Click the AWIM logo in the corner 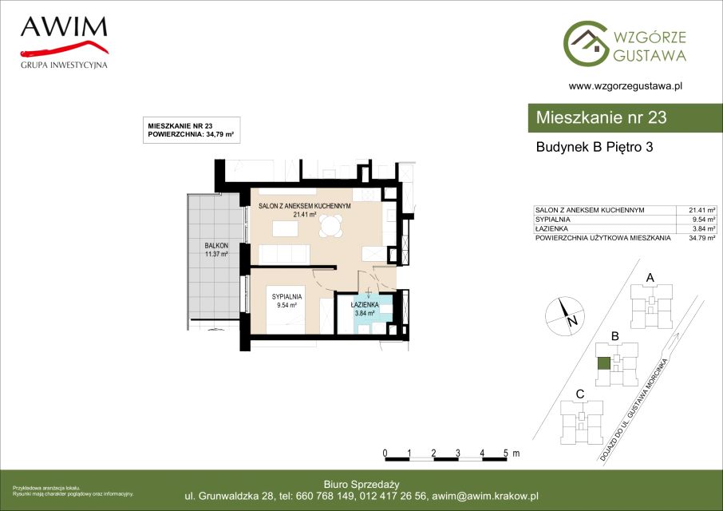pyautogui.click(x=64, y=42)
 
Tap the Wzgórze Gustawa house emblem pyautogui.click(x=586, y=43)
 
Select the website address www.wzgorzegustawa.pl pyautogui.click(x=626, y=85)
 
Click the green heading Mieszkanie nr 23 pyautogui.click(x=601, y=117)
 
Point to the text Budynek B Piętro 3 pyautogui.click(x=595, y=147)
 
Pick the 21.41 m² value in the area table pyautogui.click(x=701, y=210)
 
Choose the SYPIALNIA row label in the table pyautogui.click(x=552, y=220)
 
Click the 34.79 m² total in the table pyautogui.click(x=701, y=238)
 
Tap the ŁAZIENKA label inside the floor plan pyautogui.click(x=365, y=305)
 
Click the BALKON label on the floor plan pyautogui.click(x=216, y=246)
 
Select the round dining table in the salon pyautogui.click(x=331, y=227)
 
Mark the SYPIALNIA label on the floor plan pyautogui.click(x=286, y=297)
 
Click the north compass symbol pyautogui.click(x=565, y=316)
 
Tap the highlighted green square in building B pyautogui.click(x=604, y=363)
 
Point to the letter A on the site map pyautogui.click(x=650, y=278)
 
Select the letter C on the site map pyautogui.click(x=580, y=394)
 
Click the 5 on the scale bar pyautogui.click(x=506, y=453)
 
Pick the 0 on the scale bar pyautogui.click(x=385, y=453)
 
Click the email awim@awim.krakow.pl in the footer pyautogui.click(x=485, y=497)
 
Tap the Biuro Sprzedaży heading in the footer pyautogui.click(x=361, y=484)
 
